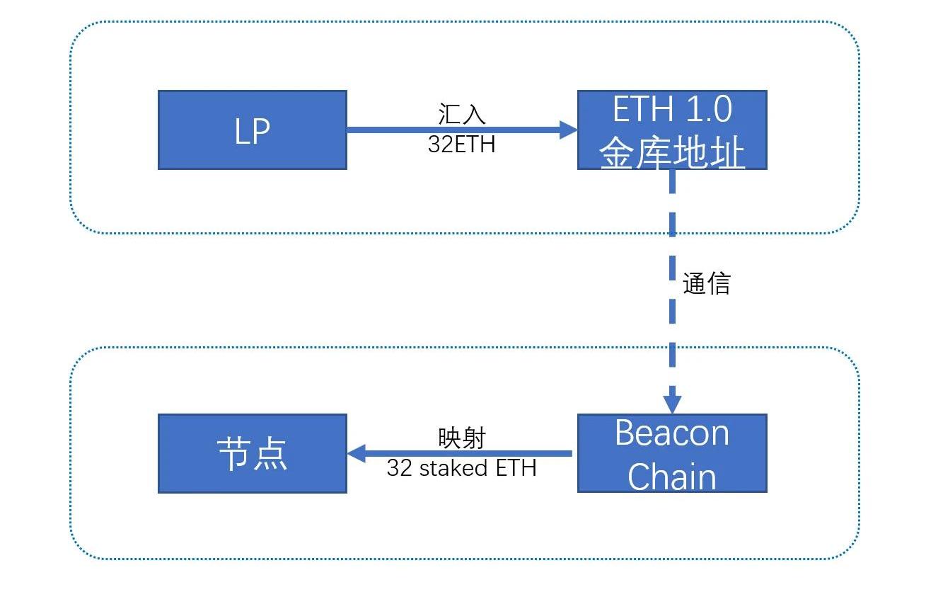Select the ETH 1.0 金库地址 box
[x=672, y=130]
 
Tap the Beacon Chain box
[x=672, y=453]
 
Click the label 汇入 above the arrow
[x=461, y=115]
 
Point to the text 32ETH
[x=461, y=144]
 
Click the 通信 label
[x=706, y=283]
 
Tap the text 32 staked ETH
[x=461, y=468]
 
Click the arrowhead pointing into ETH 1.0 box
[x=569, y=129]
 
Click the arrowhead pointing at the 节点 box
[x=356, y=453]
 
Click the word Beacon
[x=672, y=433]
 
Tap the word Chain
[x=672, y=476]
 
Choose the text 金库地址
[x=672, y=153]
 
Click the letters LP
[x=253, y=131]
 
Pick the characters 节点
[x=253, y=453]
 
